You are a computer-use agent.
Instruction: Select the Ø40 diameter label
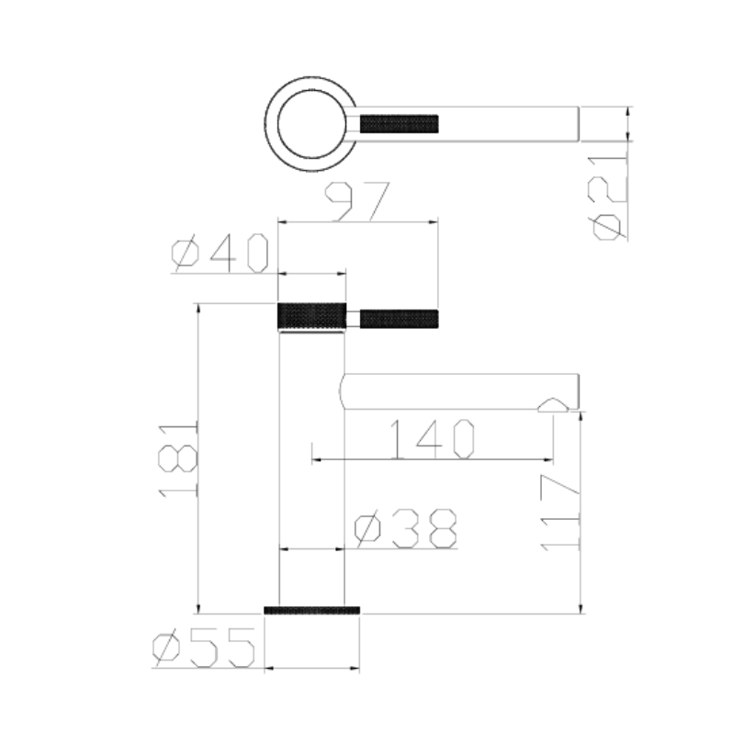221,254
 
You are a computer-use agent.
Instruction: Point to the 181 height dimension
179,459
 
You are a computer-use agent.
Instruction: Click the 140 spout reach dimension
433,440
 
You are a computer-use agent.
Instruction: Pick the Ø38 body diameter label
405,528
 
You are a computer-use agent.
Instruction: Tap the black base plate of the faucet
311,610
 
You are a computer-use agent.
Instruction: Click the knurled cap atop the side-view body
312,315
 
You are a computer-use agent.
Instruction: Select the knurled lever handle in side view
399,319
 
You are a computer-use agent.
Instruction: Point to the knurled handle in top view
401,123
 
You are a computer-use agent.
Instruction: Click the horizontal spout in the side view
459,391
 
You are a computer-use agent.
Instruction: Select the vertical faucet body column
311,468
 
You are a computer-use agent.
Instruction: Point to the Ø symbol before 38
367,528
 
